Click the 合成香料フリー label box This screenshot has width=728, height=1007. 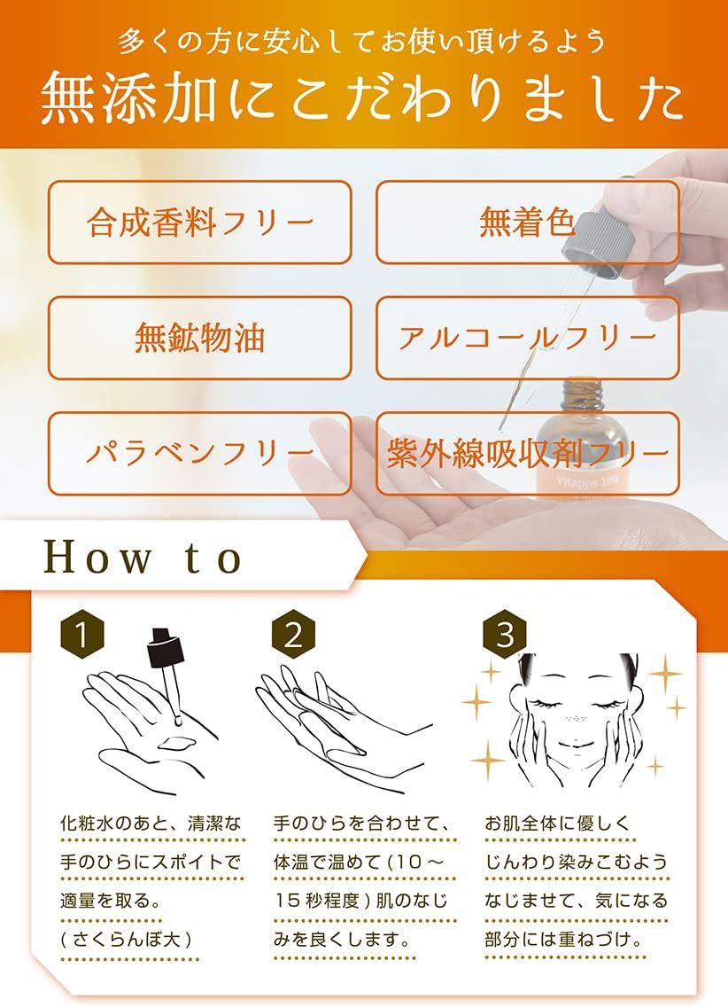tap(199, 222)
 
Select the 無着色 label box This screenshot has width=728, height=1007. tap(527, 222)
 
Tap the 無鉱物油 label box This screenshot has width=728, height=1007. tap(199, 338)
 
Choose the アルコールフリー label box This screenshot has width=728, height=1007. tap(527, 338)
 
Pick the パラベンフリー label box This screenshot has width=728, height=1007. tap(199, 453)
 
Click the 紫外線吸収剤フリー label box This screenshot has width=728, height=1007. tap(527, 453)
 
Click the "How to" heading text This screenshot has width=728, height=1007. tap(143, 558)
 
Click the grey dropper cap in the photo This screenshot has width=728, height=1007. tap(598, 236)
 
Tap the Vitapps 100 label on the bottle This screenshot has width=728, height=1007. tap(587, 480)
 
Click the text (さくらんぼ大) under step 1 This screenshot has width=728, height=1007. tap(126, 940)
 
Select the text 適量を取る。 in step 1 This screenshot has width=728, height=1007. tap(111, 901)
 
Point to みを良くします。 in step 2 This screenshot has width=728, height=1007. tap(343, 940)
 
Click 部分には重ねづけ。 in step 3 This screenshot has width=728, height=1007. tap(564, 940)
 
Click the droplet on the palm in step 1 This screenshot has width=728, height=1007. tap(175, 743)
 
